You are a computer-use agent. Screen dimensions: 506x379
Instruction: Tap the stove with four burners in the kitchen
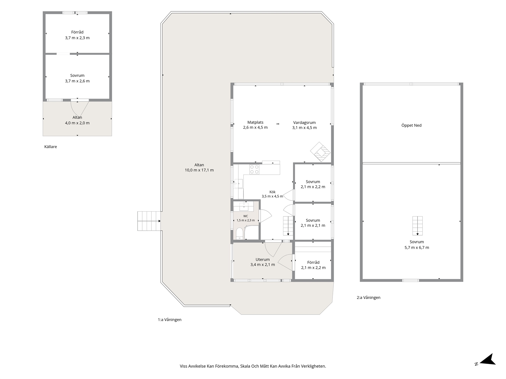(x=254, y=169)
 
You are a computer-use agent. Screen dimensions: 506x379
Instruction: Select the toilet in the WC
(x=239, y=234)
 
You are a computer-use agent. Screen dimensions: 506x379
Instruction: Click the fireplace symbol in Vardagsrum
(x=320, y=152)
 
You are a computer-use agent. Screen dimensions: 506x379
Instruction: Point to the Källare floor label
(x=51, y=146)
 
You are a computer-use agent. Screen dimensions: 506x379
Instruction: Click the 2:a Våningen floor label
(x=368, y=297)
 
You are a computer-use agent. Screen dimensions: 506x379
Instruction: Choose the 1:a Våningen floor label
(x=170, y=320)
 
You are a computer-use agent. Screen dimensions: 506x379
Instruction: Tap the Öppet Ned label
(x=411, y=125)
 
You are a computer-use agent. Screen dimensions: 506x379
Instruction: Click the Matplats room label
(x=255, y=122)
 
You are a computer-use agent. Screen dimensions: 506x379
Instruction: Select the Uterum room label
(x=263, y=259)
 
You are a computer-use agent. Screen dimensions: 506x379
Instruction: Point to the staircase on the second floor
(x=417, y=226)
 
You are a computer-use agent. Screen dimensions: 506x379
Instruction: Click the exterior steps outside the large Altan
(x=149, y=221)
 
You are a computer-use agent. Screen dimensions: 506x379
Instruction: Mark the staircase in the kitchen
(x=288, y=226)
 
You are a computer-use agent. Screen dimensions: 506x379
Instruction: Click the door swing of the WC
(x=266, y=216)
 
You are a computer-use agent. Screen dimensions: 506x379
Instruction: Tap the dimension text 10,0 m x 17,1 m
(x=199, y=170)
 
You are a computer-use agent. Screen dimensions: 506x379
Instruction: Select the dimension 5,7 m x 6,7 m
(x=417, y=248)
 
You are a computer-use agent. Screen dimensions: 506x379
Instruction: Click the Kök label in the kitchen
(x=273, y=192)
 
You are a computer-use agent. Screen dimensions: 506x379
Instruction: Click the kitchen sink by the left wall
(x=239, y=183)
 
